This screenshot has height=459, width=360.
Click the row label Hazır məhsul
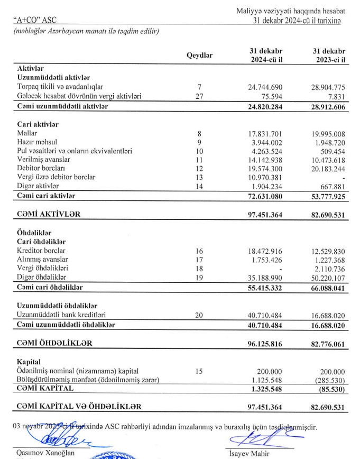(39, 143)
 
